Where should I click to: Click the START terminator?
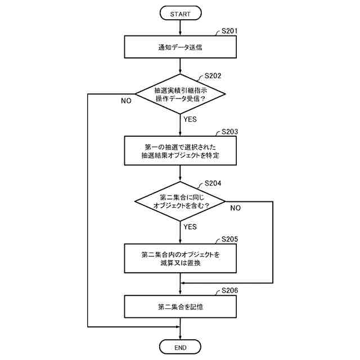(x=181, y=13)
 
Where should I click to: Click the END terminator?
(x=180, y=347)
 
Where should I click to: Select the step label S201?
(x=229, y=31)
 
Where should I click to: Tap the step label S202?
(x=213, y=76)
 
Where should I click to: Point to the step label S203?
(x=229, y=132)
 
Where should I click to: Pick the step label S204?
(x=213, y=183)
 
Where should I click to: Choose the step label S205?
(x=229, y=239)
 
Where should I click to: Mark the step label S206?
(x=229, y=291)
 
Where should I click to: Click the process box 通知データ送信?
(x=180, y=47)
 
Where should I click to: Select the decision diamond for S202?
(x=180, y=94)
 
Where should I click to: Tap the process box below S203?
(x=180, y=151)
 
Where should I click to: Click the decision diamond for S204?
(x=180, y=201)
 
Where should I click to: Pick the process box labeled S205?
(x=180, y=258)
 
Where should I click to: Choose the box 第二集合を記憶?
(x=180, y=307)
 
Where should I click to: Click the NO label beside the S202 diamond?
(x=126, y=101)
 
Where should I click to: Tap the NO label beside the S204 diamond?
(x=235, y=208)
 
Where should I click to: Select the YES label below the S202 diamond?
(x=190, y=119)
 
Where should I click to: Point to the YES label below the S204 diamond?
(x=190, y=227)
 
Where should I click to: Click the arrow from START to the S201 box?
(x=180, y=28)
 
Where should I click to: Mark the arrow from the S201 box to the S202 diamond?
(x=180, y=66)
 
